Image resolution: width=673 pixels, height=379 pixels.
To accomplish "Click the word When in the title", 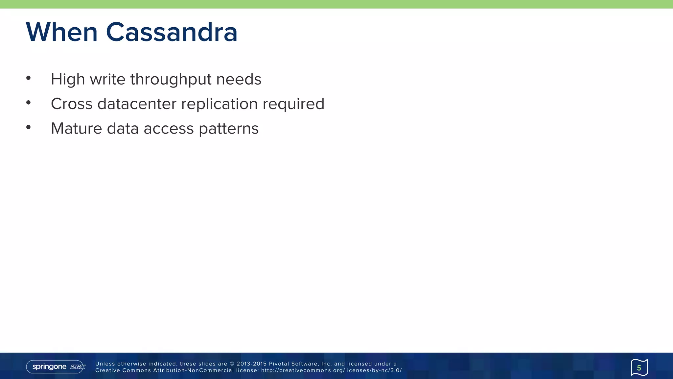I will click(62, 32).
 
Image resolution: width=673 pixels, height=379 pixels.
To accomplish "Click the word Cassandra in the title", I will click(171, 32).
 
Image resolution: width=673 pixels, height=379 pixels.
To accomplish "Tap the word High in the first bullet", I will click(68, 80).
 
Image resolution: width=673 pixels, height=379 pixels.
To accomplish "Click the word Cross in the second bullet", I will click(72, 104).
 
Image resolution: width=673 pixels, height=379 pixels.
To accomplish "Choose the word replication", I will click(219, 104).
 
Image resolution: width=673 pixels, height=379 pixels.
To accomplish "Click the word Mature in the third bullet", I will click(76, 129).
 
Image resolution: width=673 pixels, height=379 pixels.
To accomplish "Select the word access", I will click(169, 129).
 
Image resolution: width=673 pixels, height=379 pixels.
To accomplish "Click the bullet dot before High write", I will click(29, 78).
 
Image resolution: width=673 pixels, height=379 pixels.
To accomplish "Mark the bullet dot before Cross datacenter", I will click(29, 103).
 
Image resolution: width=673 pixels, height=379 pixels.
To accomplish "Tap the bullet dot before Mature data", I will click(29, 127).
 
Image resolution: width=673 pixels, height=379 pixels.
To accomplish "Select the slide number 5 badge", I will click(639, 367).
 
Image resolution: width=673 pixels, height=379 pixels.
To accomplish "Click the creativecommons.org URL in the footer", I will click(331, 370).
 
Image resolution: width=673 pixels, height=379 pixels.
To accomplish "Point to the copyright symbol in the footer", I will click(232, 364).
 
